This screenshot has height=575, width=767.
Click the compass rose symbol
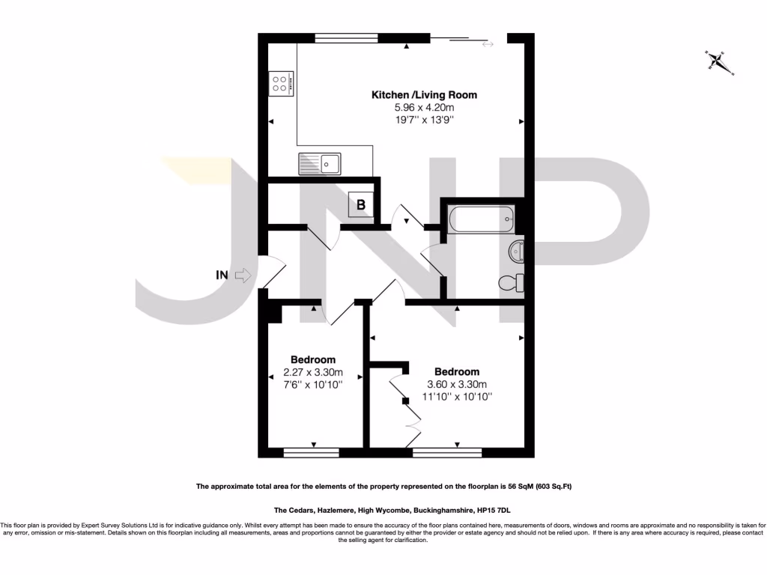point(720,62)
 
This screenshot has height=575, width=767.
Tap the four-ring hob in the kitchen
point(281,83)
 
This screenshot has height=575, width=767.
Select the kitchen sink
point(319,162)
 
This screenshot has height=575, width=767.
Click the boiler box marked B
point(360,204)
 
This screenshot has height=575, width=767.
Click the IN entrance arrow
point(242,276)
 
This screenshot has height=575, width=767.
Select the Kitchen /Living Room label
point(424,95)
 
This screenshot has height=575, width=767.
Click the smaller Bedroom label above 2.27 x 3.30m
point(312,359)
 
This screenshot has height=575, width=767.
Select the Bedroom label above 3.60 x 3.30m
point(456,371)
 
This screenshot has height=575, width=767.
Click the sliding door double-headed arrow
point(488,45)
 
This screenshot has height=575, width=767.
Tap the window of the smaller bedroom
point(311,452)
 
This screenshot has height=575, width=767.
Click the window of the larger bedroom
point(446,452)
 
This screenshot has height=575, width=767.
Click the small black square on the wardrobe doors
point(405,401)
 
